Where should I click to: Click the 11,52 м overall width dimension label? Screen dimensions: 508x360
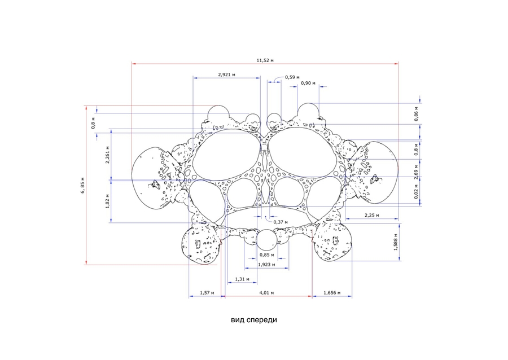[265, 60]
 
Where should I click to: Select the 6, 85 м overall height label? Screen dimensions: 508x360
[83, 186]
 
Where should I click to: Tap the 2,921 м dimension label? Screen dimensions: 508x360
[226, 74]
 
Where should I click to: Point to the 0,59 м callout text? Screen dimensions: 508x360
[292, 77]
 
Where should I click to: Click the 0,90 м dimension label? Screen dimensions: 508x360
[308, 83]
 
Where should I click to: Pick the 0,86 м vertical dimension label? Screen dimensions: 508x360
[417, 114]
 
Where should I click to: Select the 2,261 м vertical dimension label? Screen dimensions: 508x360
[107, 155]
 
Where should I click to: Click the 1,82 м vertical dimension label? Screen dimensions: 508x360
[107, 201]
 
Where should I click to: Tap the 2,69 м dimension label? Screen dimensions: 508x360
[417, 172]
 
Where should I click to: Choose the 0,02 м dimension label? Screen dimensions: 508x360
[417, 191]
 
